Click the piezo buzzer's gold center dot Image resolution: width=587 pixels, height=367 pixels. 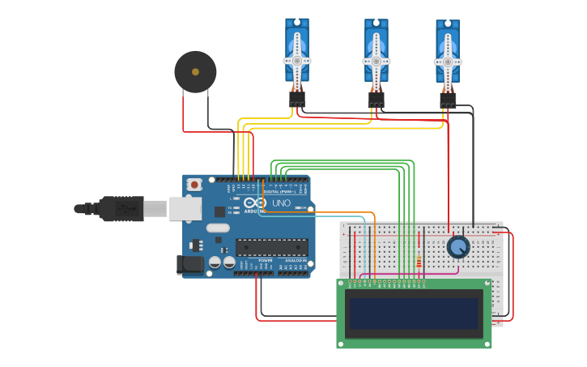tap(195, 72)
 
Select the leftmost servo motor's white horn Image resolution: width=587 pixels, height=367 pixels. tap(296, 61)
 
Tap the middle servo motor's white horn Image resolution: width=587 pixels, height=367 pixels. tap(376, 61)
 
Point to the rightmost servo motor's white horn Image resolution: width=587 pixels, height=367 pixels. tap(447, 62)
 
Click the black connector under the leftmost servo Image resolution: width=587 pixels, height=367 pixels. tap(297, 99)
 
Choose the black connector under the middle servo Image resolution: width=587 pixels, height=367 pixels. tap(376, 100)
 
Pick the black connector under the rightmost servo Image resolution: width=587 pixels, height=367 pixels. tap(448, 100)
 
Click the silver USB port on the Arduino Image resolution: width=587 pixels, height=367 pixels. tap(185, 208)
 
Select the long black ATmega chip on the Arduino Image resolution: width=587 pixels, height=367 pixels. tap(271, 247)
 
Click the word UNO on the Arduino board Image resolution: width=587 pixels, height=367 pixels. tap(281, 203)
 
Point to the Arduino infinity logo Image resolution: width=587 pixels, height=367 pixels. tap(255, 203)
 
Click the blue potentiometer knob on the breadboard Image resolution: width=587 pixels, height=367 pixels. tap(457, 247)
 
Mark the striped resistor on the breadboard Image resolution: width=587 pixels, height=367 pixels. tap(418, 261)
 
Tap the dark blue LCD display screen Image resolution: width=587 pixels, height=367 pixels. tap(413, 314)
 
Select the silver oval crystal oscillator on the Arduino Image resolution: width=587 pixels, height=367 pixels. tap(218, 228)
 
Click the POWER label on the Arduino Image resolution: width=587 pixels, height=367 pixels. tap(265, 260)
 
